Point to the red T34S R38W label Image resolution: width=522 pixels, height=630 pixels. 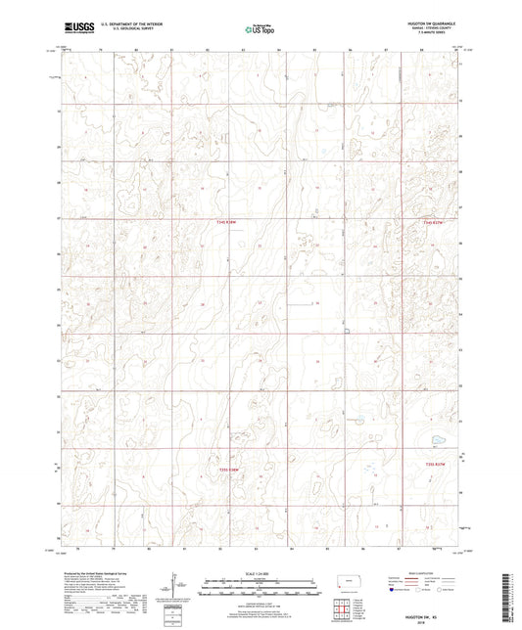(x=227, y=222)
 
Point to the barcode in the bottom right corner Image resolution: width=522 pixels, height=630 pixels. (x=507, y=596)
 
